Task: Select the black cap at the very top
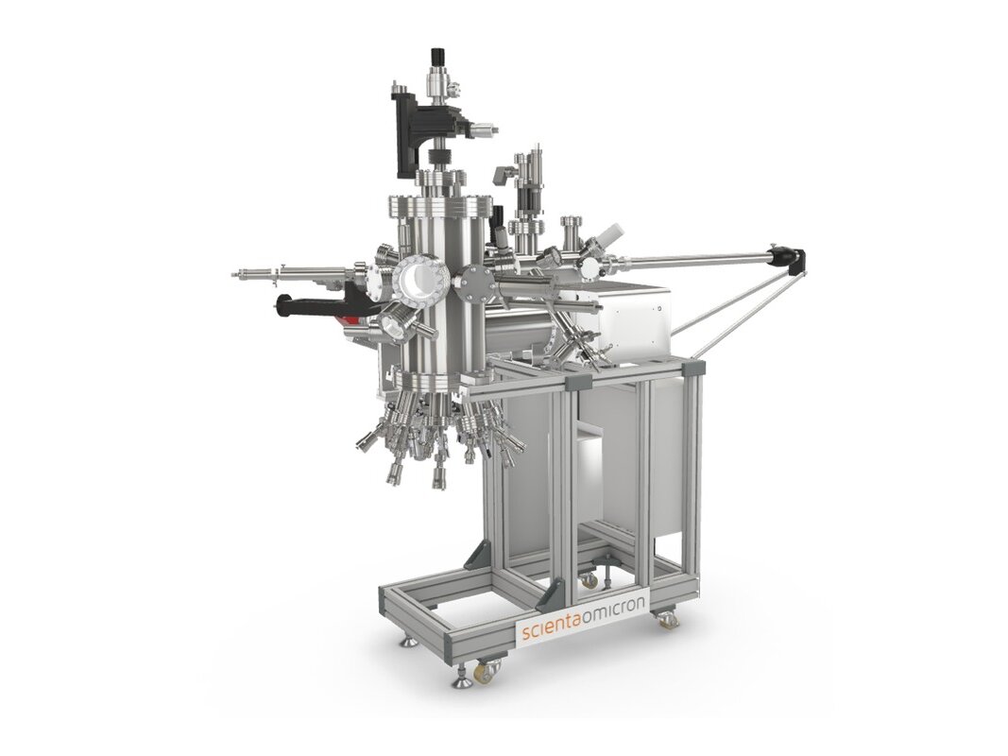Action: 437,56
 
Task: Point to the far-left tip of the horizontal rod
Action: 236,275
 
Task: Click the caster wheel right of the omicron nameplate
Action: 667,620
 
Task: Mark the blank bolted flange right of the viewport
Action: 475,279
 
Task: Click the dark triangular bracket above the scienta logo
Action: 552,594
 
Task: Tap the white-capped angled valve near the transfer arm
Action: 611,232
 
